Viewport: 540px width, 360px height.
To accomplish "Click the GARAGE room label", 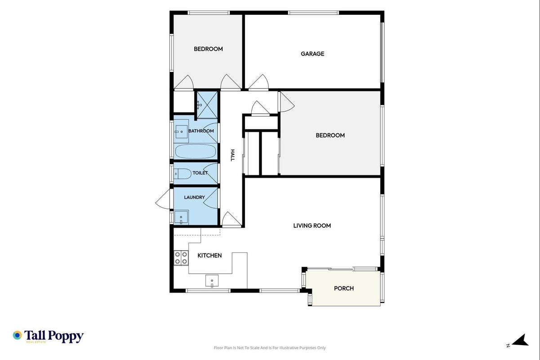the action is [312, 54].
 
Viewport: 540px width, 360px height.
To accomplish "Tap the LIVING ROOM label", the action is [312, 225].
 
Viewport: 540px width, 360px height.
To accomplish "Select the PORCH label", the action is [344, 288].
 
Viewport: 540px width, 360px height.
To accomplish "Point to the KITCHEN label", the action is [210, 256].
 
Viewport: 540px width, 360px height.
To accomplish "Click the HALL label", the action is [232, 155].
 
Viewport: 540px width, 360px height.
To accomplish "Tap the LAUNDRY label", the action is [194, 198].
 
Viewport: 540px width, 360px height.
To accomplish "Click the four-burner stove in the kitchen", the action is [181, 258].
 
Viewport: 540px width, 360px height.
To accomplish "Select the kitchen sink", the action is [212, 281].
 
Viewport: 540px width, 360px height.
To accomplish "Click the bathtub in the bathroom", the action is [196, 151].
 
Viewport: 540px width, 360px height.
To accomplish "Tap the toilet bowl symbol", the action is [183, 174].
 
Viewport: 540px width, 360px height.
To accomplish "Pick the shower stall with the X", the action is [207, 105].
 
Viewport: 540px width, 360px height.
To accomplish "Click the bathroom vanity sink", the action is [181, 131].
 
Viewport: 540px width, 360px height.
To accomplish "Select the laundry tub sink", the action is [181, 217].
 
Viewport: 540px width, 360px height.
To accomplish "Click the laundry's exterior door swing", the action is [163, 199].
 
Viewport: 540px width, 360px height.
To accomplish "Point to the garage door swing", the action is [259, 81].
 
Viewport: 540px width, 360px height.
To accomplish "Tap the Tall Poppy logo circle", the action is [17, 335].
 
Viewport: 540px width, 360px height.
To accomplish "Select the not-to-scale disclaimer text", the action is [270, 348].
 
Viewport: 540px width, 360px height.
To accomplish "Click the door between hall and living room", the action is [232, 219].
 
